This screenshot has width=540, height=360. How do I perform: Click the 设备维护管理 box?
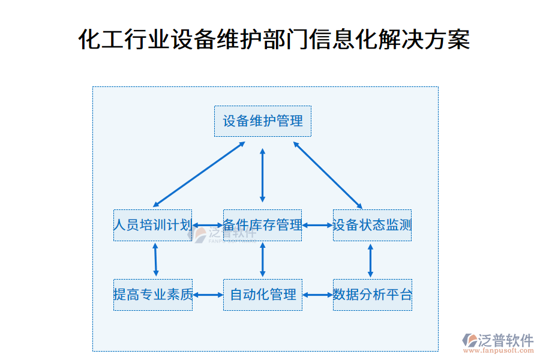pos(263,121)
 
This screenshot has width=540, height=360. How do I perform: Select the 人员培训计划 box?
pos(152,225)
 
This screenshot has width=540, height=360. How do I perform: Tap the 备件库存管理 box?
pos(262,225)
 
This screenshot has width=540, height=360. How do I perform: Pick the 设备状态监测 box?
pos(372,225)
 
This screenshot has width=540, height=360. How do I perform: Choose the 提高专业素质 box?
pos(153,295)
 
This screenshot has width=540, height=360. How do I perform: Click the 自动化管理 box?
pos(263,295)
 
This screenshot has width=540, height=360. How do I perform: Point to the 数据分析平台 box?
pos(373,295)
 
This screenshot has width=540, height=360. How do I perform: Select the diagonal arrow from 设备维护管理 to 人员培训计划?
pos(199,174)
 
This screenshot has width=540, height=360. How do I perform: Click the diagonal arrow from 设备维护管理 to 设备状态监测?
pos(327,175)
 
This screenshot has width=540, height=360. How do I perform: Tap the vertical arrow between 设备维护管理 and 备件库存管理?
pos(262,175)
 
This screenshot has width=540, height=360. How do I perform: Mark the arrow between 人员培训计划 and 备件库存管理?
pos(208,226)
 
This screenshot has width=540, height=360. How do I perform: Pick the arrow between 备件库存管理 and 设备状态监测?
pos(317,226)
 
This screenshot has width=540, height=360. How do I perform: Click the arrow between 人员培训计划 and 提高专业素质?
pos(155,260)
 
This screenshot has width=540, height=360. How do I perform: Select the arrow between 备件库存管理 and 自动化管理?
pos(262,260)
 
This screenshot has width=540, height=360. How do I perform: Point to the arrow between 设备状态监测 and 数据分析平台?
pos(370,260)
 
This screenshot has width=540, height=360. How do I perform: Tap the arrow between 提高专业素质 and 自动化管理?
pos(208,295)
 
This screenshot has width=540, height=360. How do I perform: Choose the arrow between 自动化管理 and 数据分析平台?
pos(317,295)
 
